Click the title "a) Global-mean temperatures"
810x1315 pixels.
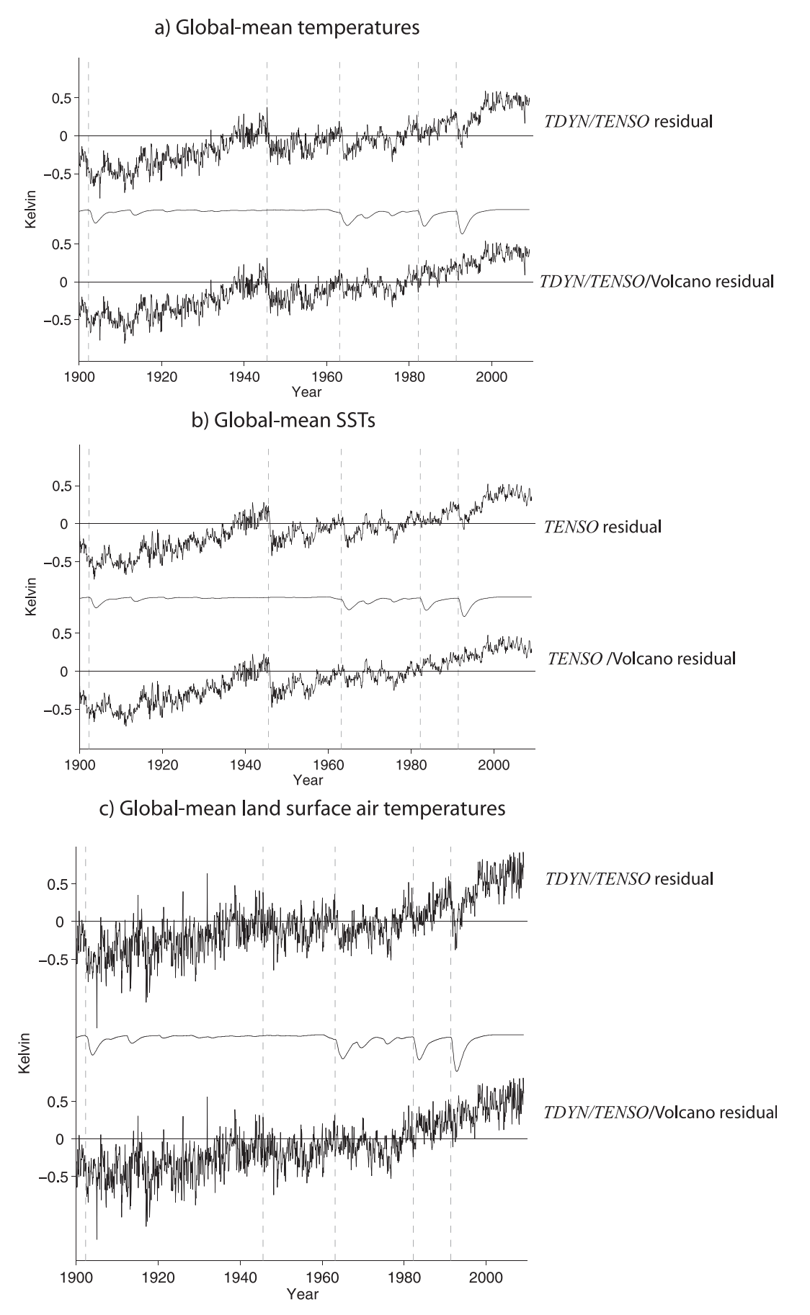click(287, 28)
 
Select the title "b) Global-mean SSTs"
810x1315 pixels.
click(283, 421)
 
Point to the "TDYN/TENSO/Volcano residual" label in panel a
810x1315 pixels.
click(657, 281)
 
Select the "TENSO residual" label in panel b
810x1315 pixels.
click(602, 526)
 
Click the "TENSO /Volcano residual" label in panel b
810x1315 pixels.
click(641, 658)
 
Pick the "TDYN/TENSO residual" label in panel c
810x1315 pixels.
click(629, 878)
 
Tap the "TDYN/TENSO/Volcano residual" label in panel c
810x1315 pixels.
click(661, 1112)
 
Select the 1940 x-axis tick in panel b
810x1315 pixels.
click(245, 764)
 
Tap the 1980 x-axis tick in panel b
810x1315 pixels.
click(411, 764)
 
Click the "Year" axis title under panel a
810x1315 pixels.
click(306, 391)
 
